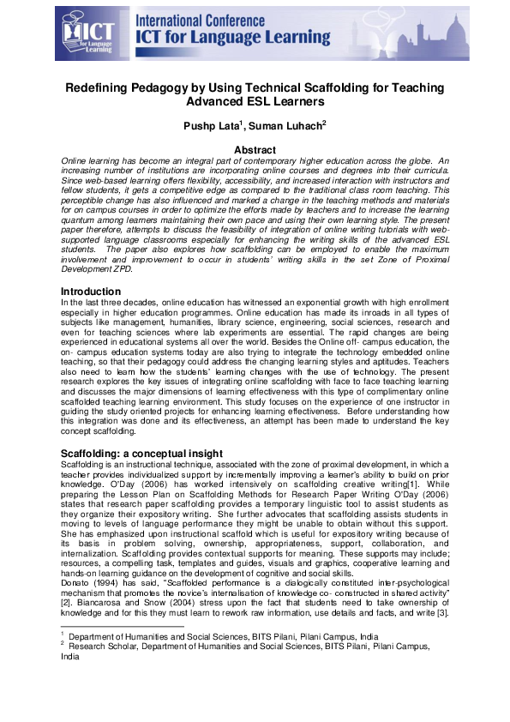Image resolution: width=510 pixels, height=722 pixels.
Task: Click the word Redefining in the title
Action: (x=103, y=87)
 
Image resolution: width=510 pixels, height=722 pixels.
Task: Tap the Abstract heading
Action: (x=255, y=150)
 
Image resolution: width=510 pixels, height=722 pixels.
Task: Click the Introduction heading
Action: (x=89, y=292)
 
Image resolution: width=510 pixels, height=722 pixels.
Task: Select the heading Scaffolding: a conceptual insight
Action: (x=141, y=453)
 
